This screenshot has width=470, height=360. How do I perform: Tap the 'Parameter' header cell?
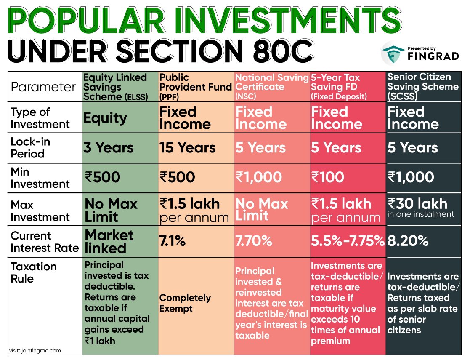coord(43,87)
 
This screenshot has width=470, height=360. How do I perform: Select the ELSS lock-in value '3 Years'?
coord(108,148)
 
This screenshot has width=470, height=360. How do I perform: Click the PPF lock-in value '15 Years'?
coord(187,148)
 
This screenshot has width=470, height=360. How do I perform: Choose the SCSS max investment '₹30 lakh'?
coord(417,204)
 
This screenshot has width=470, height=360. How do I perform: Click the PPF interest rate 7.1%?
coord(173,241)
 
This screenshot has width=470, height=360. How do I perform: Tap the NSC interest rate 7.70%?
coord(253,241)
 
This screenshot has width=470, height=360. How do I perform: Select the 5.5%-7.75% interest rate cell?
coord(348,241)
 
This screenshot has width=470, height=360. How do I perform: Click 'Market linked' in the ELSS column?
coord(109,241)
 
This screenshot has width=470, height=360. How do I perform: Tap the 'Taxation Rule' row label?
coord(34,272)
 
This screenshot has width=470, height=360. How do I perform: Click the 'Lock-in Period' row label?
coord(30,147)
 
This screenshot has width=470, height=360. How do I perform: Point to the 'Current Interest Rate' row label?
coord(45,242)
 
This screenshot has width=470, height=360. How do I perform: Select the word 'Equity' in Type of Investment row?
coord(105,118)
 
